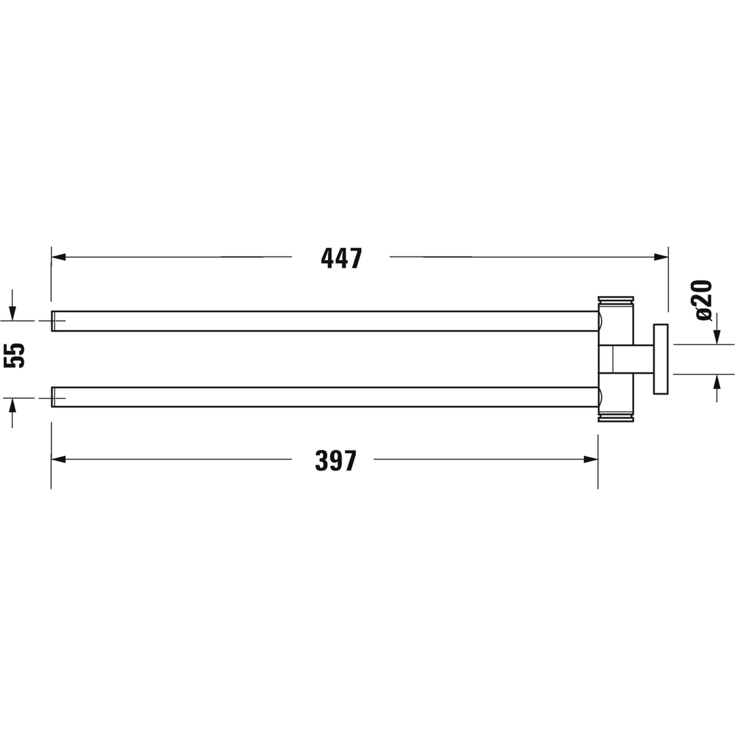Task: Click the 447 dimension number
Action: click(x=341, y=259)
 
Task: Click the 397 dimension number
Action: click(x=336, y=460)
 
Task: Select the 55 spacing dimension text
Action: click(x=14, y=355)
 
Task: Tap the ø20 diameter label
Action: click(x=704, y=301)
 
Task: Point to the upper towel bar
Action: click(x=325, y=321)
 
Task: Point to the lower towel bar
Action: click(x=325, y=397)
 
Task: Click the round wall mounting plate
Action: click(x=660, y=359)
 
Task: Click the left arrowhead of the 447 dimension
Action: click(x=58, y=257)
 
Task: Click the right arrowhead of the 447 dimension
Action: click(x=661, y=257)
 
